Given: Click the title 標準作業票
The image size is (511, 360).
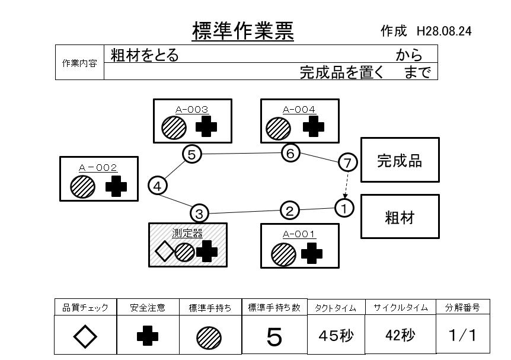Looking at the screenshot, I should point(243,30).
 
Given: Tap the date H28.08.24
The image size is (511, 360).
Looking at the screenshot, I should point(444,31).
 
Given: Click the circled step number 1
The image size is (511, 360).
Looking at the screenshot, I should point(344,207).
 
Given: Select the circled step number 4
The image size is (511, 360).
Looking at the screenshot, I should point(157,186).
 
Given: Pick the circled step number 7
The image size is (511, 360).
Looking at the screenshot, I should point(347,162).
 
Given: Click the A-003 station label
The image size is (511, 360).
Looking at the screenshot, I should point(191,109).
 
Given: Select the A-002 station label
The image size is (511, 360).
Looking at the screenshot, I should point(98,168).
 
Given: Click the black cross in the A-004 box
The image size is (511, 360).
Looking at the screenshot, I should point(314,126).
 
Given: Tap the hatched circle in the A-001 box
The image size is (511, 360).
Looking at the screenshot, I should point(283,254).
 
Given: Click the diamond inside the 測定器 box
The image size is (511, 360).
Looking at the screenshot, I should point(164,252).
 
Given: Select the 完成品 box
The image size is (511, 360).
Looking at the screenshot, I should point(400,160).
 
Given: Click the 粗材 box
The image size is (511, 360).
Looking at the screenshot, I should point(400,217).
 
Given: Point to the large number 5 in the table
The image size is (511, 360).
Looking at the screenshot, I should point(274,336).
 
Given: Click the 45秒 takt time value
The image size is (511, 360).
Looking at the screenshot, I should point(336,336).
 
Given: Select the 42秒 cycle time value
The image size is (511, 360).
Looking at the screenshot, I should point(400,336).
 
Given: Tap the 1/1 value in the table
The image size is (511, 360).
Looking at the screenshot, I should point(462,336).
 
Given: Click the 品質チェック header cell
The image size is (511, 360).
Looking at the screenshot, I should point(85,308).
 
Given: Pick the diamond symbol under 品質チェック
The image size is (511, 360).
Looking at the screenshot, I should point(85,337).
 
